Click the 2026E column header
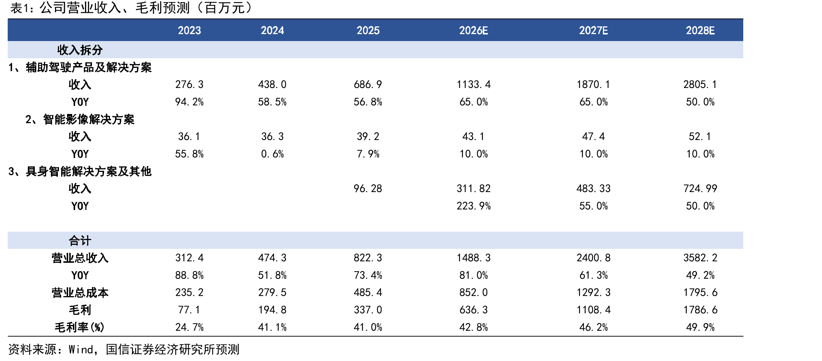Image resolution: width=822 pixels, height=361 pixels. coord(473,30)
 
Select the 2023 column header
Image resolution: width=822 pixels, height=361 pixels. coord(189,30)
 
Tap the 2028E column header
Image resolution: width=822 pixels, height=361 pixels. coord(700,30)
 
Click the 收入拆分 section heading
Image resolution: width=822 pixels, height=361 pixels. coord(80,50)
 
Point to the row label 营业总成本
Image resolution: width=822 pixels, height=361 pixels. coord(80,292)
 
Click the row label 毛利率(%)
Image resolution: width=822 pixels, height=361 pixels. coord(79,327)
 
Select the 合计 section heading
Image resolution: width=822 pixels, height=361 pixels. coord(80,240)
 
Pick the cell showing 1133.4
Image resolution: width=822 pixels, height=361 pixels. coord(473,85)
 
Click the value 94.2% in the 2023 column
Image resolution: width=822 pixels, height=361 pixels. coord(189,102)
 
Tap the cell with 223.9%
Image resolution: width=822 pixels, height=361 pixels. coord(473,206)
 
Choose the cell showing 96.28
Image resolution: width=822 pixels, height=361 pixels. coord(368,189)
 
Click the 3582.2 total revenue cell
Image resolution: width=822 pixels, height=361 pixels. coord(700,258)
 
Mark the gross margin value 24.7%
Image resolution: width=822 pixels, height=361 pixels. coord(189,327)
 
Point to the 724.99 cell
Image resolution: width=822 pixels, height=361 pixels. coord(700,189)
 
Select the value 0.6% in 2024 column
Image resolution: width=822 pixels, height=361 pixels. coord(272,154)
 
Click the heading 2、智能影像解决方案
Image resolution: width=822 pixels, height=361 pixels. coord(80,119)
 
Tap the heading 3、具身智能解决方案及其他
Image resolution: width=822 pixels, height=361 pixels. coord(80,171)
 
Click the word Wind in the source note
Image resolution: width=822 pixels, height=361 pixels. coord(81,349)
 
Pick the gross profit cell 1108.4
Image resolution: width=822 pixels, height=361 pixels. coord(593,310)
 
